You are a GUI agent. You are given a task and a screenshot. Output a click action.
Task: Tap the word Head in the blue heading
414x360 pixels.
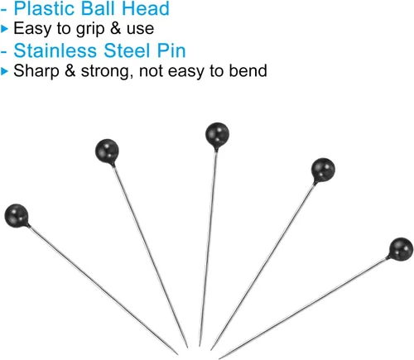click(146, 8)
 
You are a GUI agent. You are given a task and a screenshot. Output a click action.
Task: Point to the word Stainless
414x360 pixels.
click(55, 50)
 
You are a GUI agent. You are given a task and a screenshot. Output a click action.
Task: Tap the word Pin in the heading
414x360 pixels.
click(171, 50)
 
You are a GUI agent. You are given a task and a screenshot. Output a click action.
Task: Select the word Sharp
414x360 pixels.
click(36, 71)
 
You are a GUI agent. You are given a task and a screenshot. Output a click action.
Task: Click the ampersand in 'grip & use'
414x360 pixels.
click(116, 28)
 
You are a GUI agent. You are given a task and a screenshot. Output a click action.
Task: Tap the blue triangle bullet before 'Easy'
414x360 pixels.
click(4, 29)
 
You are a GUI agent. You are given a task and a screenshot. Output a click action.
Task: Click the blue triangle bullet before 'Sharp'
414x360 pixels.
click(4, 71)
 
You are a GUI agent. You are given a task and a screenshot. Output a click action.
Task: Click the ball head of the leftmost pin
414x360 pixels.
click(17, 216)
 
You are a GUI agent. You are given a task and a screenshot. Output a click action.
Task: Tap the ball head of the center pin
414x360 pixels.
click(217, 135)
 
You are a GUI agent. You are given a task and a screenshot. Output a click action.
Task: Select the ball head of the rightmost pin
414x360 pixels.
click(401, 249)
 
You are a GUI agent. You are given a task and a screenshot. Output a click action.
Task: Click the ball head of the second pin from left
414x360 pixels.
click(107, 151)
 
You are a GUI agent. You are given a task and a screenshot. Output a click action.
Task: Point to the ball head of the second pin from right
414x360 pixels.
click(323, 170)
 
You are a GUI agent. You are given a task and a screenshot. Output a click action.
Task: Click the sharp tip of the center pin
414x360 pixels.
click(200, 346)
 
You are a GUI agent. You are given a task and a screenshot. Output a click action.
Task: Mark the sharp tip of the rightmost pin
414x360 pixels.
click(219, 358)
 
